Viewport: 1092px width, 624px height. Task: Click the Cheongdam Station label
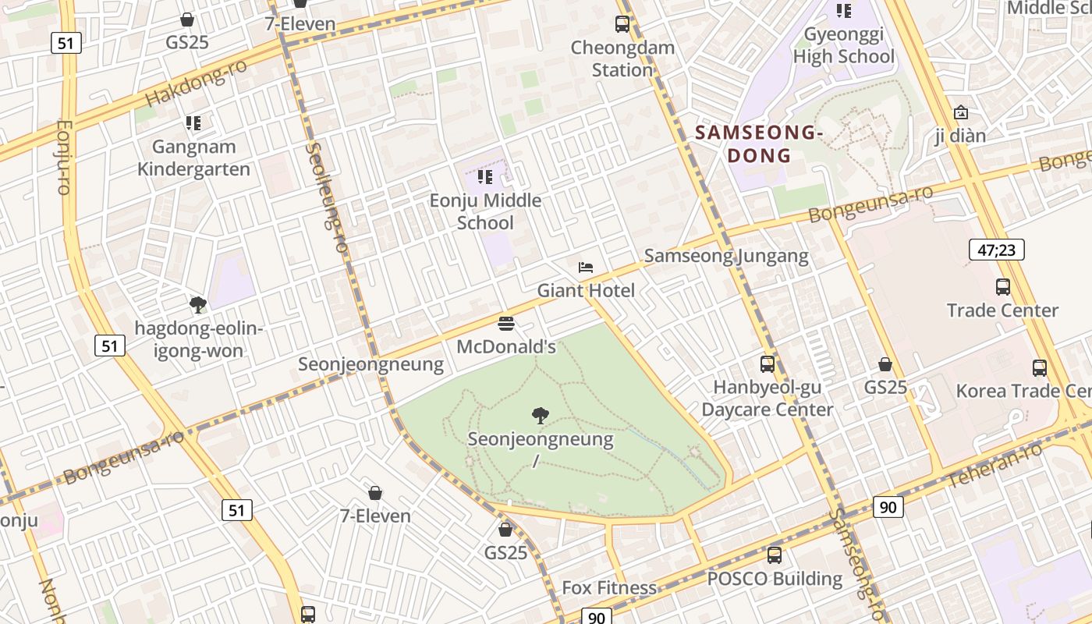point(622,58)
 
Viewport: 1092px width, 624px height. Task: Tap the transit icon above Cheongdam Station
point(622,23)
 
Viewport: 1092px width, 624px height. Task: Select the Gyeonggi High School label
point(843,45)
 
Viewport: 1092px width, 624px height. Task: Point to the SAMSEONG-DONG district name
point(759,144)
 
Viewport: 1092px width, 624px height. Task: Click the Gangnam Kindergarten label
point(193,158)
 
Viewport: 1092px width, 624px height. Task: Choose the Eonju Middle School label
point(485,211)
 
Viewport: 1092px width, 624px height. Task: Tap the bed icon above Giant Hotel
point(586,268)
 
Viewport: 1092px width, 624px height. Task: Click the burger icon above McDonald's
point(505,324)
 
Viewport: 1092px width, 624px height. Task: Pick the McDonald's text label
point(505,346)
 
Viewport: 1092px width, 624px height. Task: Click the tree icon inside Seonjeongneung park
point(540,416)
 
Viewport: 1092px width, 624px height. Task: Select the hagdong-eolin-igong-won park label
point(198,339)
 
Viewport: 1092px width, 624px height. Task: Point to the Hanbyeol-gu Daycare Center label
point(767,398)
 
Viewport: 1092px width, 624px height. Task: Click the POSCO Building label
point(775,579)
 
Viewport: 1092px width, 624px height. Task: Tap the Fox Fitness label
point(609,587)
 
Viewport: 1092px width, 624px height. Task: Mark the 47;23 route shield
point(996,250)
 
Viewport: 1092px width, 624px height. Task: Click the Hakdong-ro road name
point(196,83)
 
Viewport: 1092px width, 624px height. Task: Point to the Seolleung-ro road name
point(327,197)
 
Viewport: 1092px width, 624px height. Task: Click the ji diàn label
point(960,136)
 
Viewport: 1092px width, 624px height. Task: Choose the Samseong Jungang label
point(726,256)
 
